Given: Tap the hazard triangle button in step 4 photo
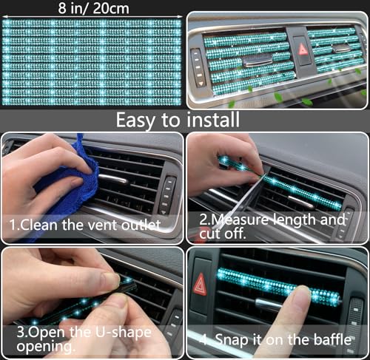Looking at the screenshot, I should point(200,285).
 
